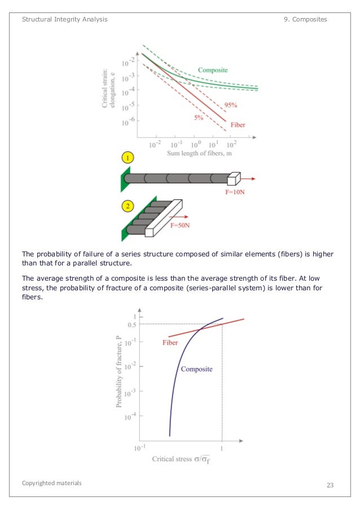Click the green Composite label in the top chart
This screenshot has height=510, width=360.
(x=213, y=70)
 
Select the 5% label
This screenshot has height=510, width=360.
(x=199, y=117)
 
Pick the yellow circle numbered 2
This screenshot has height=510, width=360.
(x=129, y=207)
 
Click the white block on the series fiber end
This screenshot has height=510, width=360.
(x=233, y=179)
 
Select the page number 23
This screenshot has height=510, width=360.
(x=331, y=485)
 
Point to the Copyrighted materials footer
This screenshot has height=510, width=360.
(x=52, y=483)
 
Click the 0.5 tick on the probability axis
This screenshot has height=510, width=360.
(x=131, y=324)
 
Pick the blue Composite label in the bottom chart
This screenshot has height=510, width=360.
(x=196, y=369)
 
